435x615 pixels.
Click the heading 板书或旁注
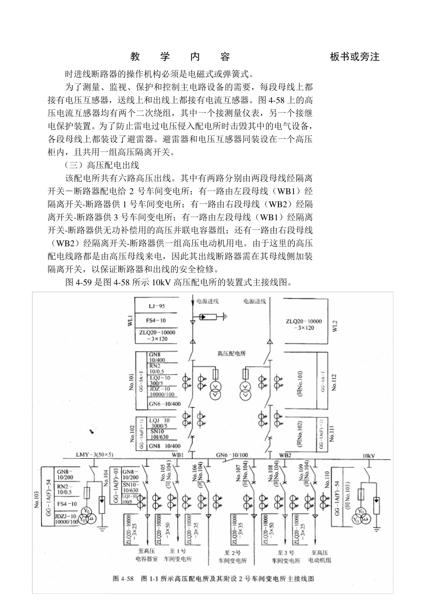(354, 57)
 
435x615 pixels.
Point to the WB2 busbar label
(285, 455)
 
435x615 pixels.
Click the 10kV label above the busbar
(369, 456)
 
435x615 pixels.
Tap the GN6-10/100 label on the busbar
(232, 455)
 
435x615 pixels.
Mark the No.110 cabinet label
(326, 479)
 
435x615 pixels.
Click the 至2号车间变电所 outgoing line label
(235, 556)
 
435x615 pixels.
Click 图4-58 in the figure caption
(122, 578)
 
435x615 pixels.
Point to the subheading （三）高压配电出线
(101, 165)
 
